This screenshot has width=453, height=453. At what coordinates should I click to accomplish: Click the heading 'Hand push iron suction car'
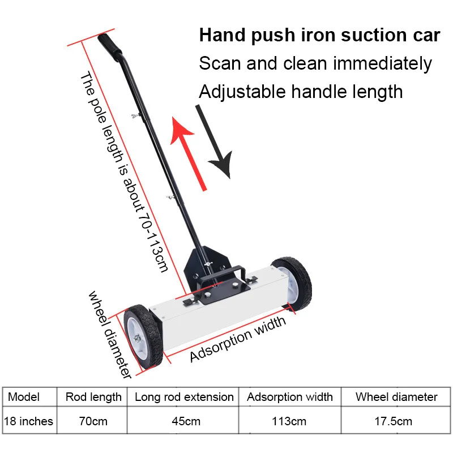point(319,35)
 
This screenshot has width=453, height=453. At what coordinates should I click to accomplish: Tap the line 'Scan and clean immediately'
point(315,63)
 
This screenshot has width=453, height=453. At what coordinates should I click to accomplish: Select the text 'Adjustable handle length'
point(301,92)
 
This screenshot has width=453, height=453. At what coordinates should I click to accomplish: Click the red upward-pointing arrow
point(187,153)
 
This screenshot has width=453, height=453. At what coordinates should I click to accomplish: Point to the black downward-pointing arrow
point(215,142)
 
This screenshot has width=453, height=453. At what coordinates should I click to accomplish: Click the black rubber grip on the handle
point(109,46)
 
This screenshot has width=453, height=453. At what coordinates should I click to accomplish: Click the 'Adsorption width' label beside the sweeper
point(237,339)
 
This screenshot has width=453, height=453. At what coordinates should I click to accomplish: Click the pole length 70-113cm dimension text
point(123,172)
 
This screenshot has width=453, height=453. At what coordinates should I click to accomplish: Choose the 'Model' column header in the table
point(24,397)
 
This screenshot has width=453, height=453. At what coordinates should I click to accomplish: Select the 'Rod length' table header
point(93,398)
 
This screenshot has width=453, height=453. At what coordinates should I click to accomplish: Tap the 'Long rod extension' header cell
point(184,398)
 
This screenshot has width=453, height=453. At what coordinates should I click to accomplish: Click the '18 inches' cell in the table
point(29,421)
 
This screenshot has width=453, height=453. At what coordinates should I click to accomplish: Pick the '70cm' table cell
point(93,421)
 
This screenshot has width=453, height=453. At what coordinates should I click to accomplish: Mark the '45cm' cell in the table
point(186,421)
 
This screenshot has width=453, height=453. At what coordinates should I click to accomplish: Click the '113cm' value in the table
point(289,421)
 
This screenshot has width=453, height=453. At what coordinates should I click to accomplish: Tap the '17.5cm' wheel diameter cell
point(393,421)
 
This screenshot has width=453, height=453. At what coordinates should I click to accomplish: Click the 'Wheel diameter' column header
point(396,397)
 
